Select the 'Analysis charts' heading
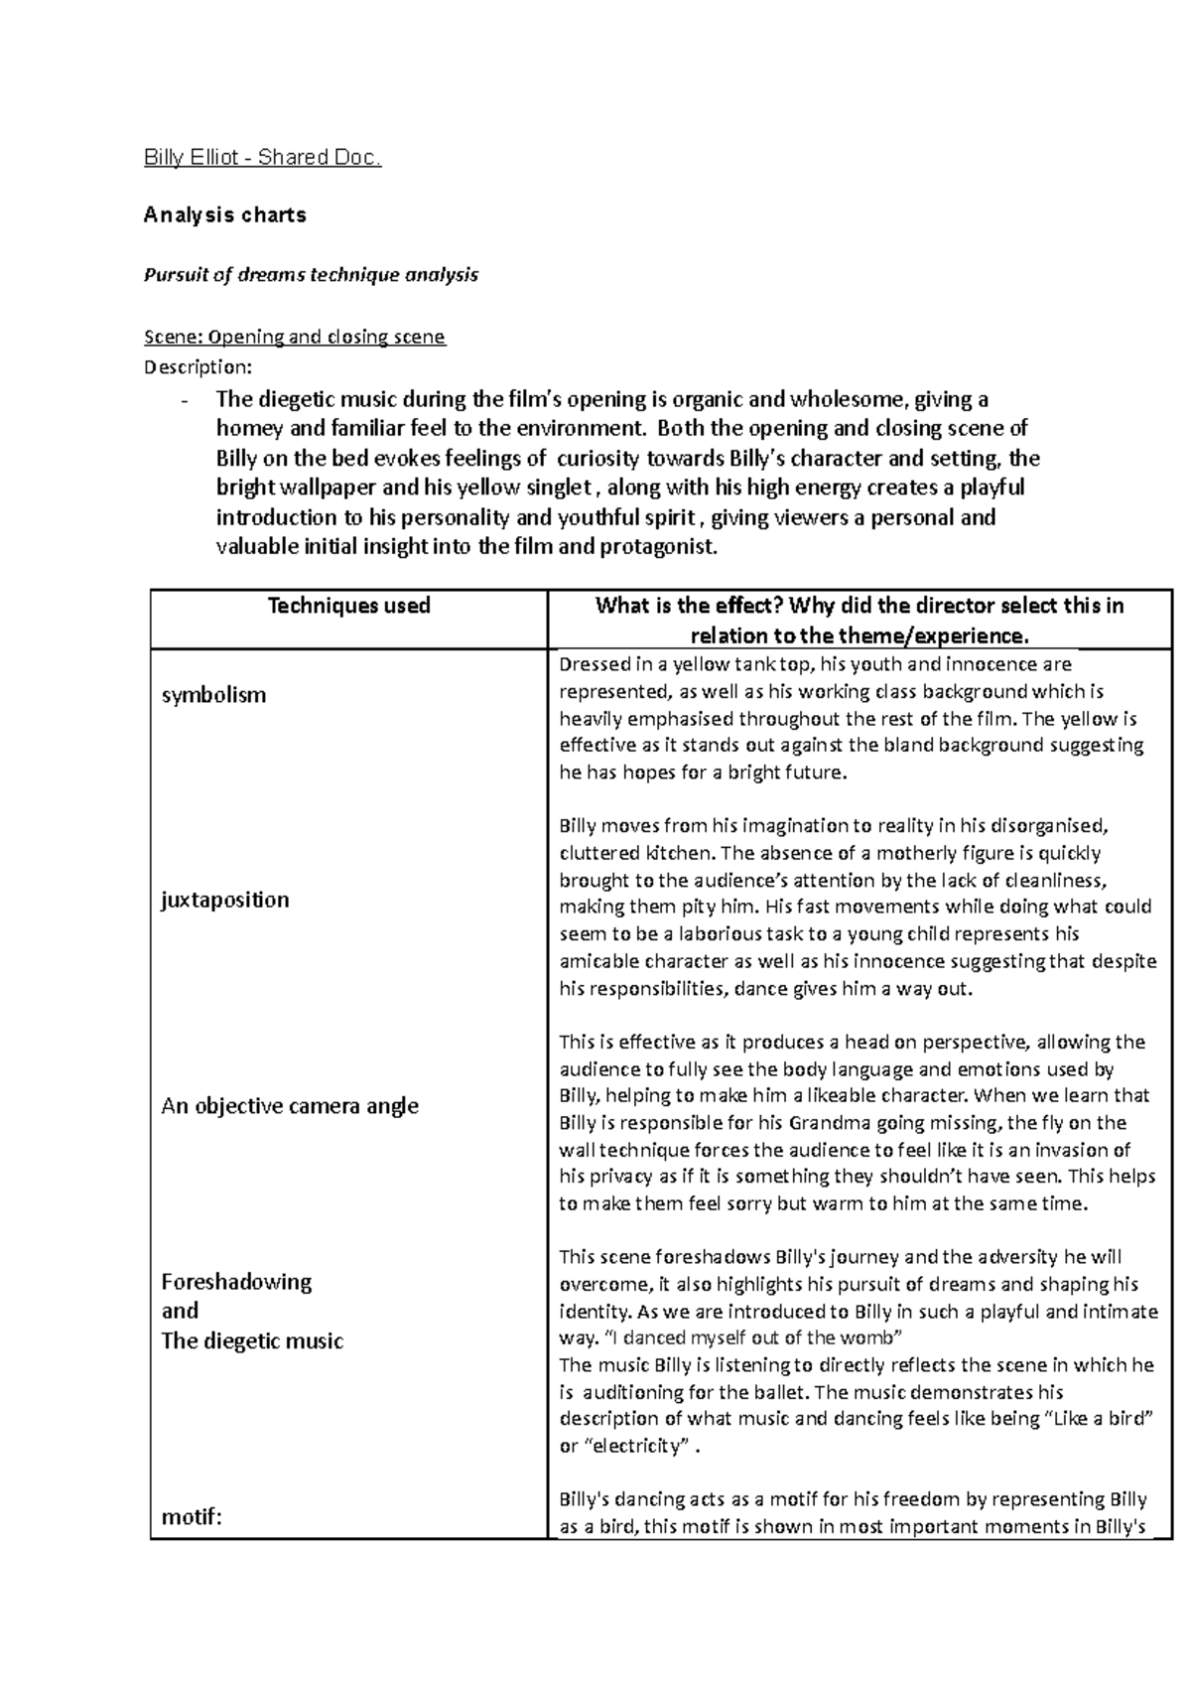pos(225,214)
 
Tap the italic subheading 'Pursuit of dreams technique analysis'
pos(312,275)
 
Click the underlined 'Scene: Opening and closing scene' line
pos(295,337)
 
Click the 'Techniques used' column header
pos(348,606)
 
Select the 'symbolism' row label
pos(213,695)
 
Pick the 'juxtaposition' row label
pos(225,900)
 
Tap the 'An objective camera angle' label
pos(290,1106)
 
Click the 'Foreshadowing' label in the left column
pos(236,1282)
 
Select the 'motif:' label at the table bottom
pos(192,1517)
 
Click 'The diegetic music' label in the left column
pos(252,1341)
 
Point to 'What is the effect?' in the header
pos(688,606)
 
